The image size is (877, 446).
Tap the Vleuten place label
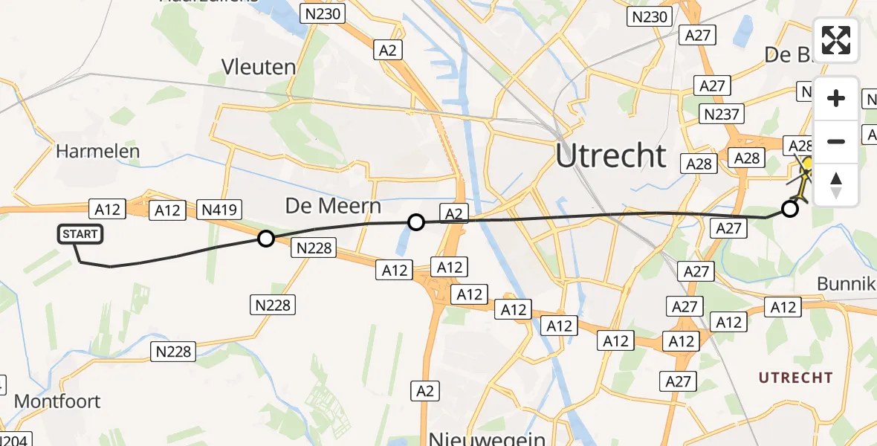click(259, 67)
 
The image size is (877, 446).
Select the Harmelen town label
click(97, 152)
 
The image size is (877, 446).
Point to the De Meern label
click(333, 206)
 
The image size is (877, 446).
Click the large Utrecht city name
click(611, 156)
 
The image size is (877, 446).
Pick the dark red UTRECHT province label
click(795, 378)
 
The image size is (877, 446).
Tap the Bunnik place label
click(847, 284)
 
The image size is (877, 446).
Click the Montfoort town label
click(57, 401)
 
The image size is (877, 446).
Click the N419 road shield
click(219, 210)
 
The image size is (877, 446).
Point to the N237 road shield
click(721, 114)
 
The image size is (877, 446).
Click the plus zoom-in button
click(836, 99)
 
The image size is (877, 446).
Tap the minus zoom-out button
click(836, 141)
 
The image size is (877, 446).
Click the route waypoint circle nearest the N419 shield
click(265, 239)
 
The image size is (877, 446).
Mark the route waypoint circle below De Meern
click(416, 222)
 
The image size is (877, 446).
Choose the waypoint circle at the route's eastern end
click(790, 209)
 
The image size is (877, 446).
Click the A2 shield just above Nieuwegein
click(424, 391)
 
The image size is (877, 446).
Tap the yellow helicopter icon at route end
click(806, 175)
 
